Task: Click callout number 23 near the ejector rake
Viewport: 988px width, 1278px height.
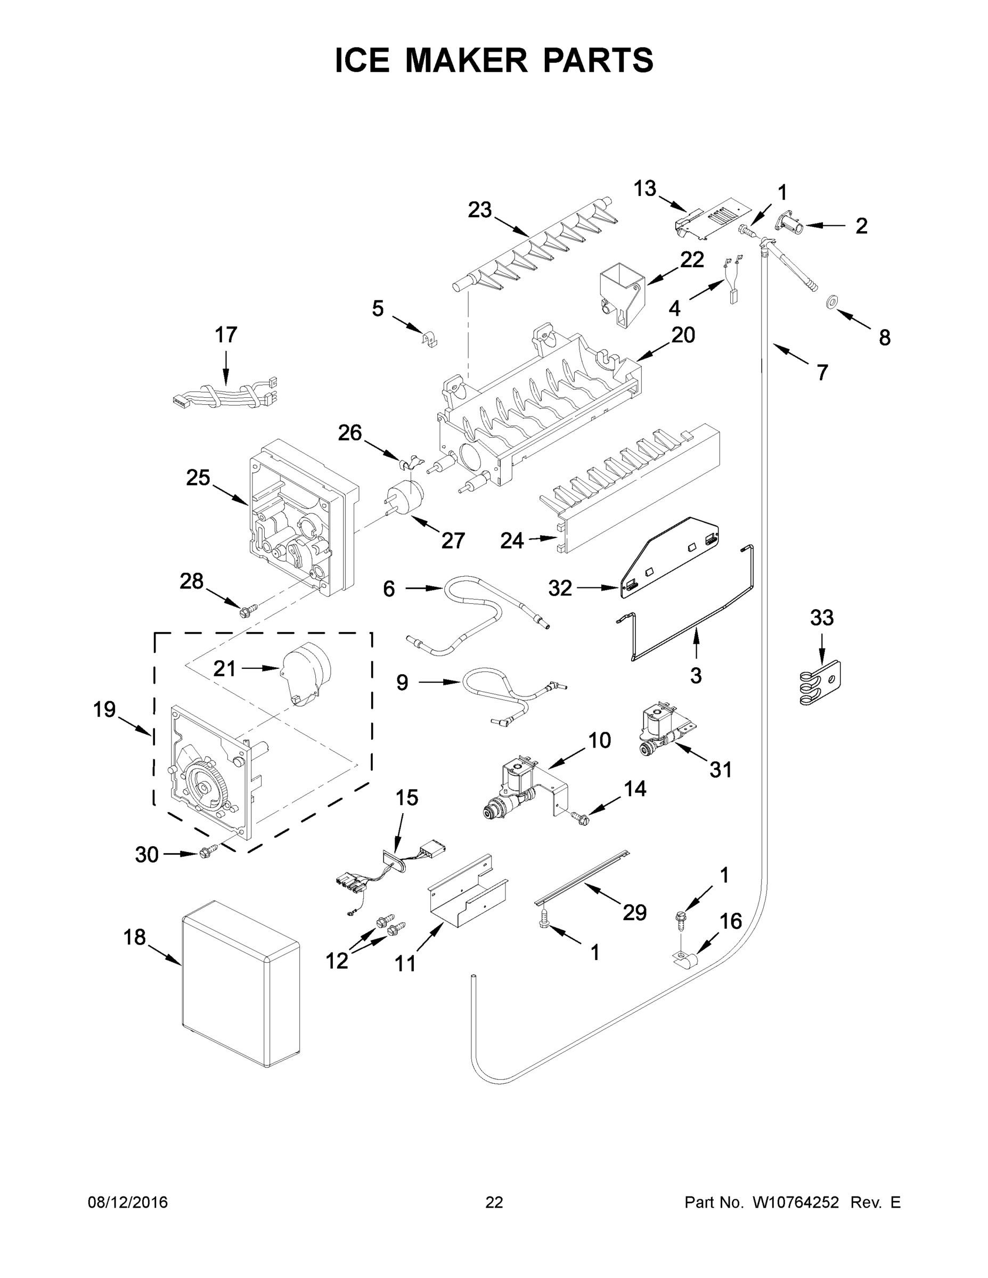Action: tap(479, 210)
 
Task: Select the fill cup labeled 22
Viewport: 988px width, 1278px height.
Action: tap(621, 291)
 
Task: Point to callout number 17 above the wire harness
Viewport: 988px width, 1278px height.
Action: tap(226, 335)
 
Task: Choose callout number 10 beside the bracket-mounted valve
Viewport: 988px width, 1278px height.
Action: tap(599, 740)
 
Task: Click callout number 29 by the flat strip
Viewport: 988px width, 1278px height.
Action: tap(634, 912)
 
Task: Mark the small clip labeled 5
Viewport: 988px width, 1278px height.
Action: tap(430, 339)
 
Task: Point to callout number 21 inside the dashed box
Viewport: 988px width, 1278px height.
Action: tap(224, 668)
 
